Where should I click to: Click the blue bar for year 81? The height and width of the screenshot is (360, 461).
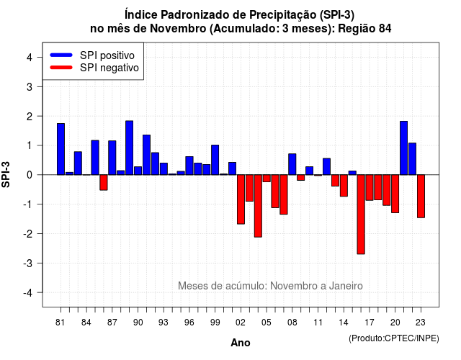point(61,149)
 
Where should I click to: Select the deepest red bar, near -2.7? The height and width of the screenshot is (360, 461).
point(361,215)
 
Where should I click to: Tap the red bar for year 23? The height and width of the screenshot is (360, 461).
point(421,196)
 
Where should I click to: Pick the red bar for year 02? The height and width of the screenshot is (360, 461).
point(241,199)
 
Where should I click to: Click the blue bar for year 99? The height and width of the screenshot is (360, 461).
point(215,160)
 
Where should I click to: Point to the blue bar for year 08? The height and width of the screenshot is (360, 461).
point(292,164)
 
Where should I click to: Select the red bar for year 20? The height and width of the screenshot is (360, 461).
point(395,194)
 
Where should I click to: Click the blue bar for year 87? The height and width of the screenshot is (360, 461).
point(112,158)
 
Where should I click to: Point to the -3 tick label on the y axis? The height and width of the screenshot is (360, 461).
point(29,263)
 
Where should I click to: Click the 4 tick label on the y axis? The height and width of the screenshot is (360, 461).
point(30,58)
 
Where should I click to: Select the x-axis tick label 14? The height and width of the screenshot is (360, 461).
point(344,323)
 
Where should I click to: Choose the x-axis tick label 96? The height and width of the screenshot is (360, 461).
point(189,323)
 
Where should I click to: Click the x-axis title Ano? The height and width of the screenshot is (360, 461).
point(241,343)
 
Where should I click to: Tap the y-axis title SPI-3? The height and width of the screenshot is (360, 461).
point(6,174)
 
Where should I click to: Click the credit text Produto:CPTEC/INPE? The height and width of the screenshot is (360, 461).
point(394,338)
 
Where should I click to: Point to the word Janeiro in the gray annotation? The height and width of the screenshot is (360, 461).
point(346,286)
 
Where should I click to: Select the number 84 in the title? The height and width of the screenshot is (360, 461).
point(385,29)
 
